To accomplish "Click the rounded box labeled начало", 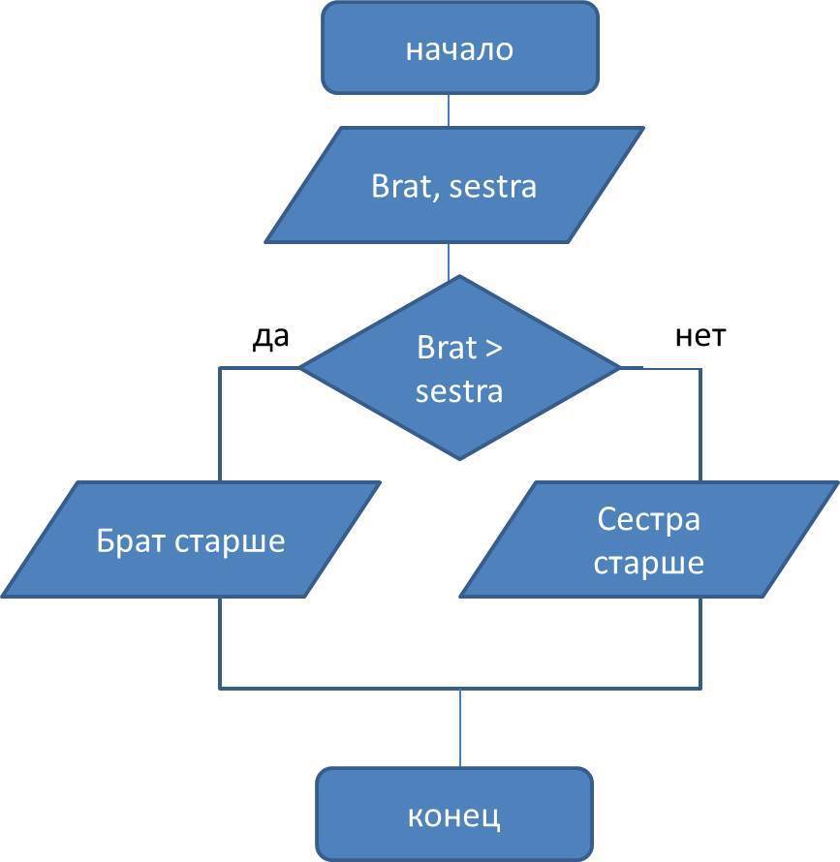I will [459, 48].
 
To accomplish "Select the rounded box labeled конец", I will [453, 815].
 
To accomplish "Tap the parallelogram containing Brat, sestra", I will [453, 185].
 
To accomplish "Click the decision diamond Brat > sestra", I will [459, 368].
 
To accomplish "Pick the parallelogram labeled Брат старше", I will [191, 539].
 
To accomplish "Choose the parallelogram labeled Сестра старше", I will [648, 539].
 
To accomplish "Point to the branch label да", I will [271, 336].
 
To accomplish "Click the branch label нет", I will [700, 336].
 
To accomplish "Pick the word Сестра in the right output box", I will [648, 519].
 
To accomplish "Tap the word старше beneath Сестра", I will [648, 562].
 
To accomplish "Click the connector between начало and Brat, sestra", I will [449, 109].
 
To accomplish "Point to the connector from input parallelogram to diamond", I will [449, 260].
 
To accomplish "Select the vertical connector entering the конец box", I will [459, 727].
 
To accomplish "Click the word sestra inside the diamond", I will [459, 391].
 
